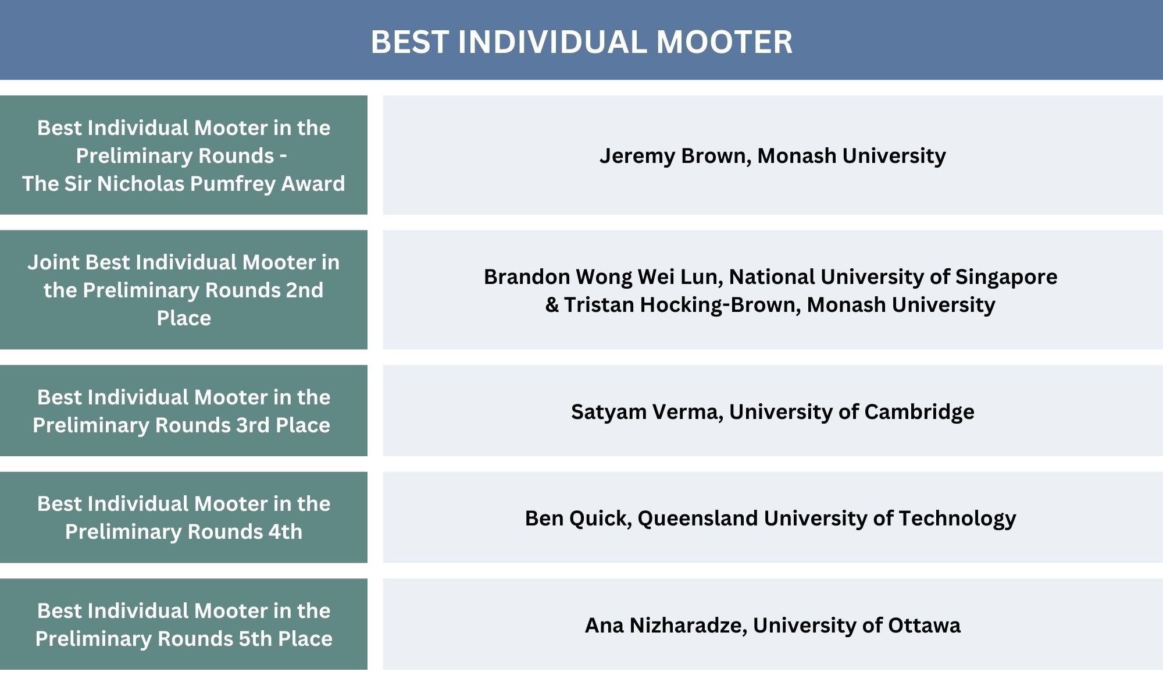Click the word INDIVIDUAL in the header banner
552,42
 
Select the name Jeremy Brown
675,156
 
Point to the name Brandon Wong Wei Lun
602,277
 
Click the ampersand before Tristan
551,305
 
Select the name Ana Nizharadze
665,626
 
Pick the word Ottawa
924,626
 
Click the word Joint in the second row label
53,262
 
